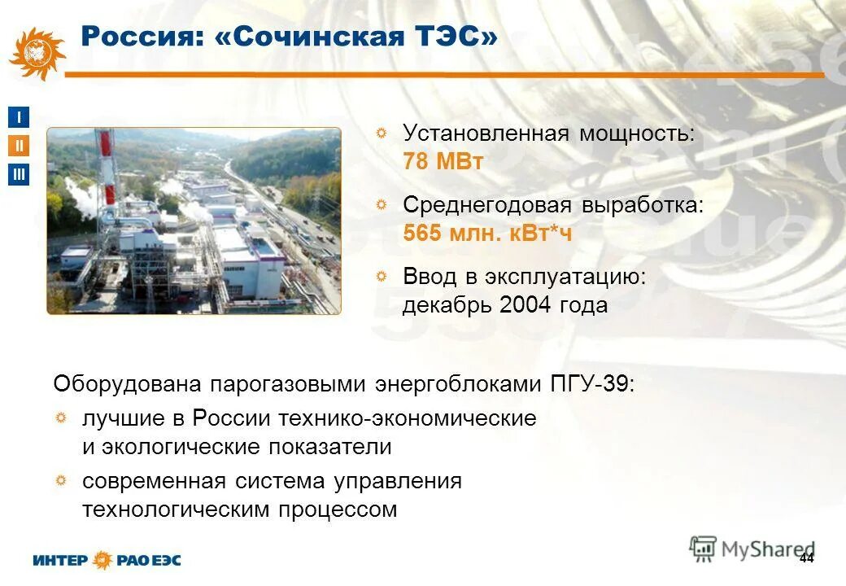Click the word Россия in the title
point(133,37)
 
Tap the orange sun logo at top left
point(36,53)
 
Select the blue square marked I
point(19,117)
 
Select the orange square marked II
point(19,146)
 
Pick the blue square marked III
point(19,174)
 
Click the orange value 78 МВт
point(443,162)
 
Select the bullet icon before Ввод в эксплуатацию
point(382,278)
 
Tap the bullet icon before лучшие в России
point(61,419)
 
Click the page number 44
point(806,558)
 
